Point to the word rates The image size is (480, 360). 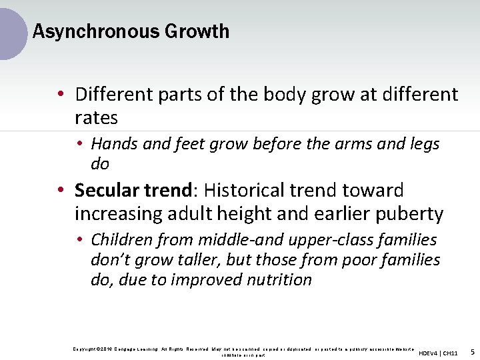point(96,118)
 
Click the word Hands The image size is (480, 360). point(114,143)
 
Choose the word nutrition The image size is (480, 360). point(279,279)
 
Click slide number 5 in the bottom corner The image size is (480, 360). point(472,351)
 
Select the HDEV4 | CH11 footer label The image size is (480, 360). point(438,353)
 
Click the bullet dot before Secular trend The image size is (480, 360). point(61,191)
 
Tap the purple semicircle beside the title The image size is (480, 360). point(12,31)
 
